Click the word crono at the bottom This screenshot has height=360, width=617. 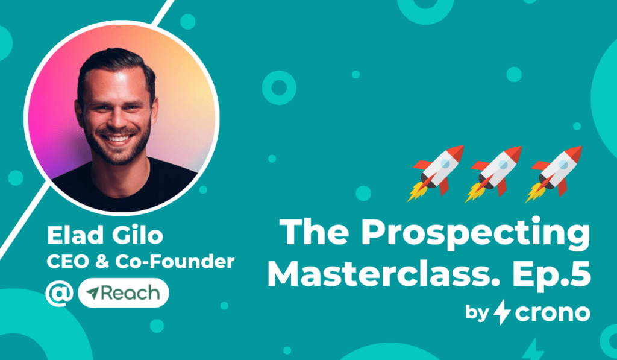tap(553, 313)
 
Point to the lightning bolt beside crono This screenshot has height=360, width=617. tap(502, 312)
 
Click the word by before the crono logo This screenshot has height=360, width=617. tap(477, 313)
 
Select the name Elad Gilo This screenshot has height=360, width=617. tap(105, 236)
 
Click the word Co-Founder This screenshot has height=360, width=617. tap(175, 262)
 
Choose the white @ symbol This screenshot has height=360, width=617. tap(60, 294)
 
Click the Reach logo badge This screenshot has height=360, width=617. tap(124, 293)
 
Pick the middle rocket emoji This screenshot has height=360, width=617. tap(493, 174)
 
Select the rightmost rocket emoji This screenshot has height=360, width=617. tap(554, 174)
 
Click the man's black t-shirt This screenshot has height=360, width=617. tap(126, 189)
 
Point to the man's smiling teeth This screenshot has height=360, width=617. tap(117, 138)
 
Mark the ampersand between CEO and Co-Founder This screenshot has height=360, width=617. tap(101, 262)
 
